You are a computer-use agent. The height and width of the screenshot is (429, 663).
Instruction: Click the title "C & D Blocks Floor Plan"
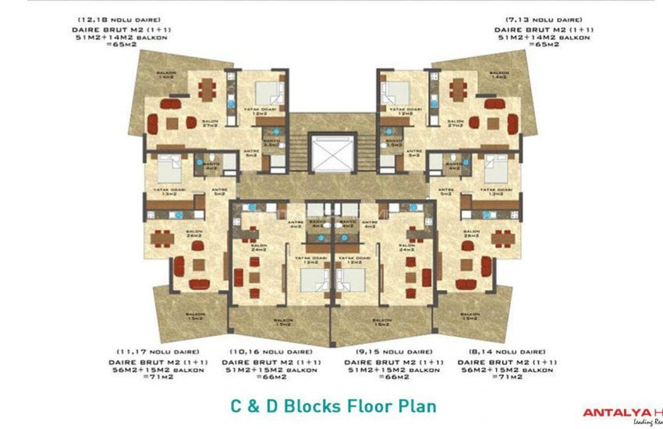331,406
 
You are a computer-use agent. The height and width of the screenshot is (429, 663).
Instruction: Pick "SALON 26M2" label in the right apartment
471,233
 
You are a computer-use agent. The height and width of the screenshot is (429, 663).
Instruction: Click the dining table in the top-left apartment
206,90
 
